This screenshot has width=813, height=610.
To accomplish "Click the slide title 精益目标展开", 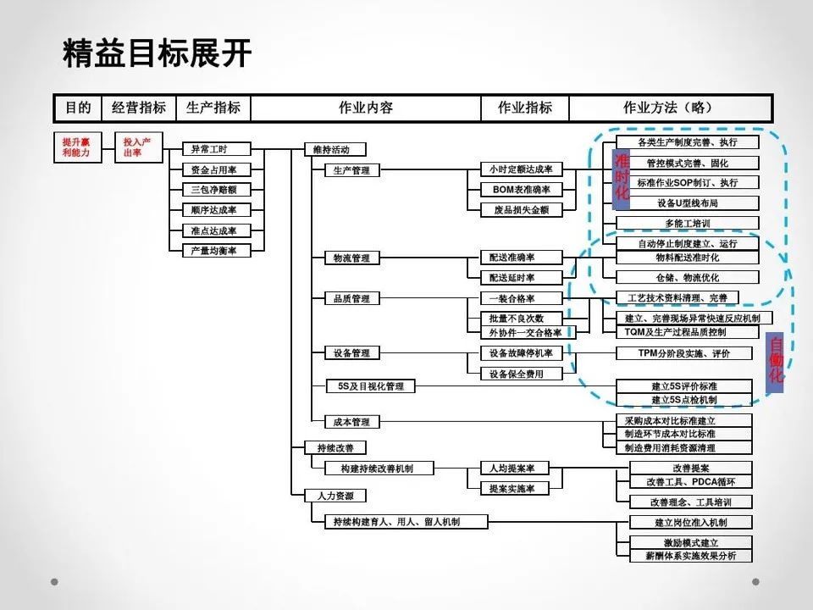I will tap(157, 53).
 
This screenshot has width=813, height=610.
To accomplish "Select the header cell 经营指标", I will tap(139, 108).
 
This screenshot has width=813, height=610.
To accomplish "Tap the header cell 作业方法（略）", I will tap(669, 108).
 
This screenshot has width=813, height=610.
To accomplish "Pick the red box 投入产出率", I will tap(139, 148).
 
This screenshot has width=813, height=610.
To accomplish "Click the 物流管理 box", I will tap(351, 258).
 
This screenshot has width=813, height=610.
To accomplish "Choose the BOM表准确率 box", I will tap(521, 190).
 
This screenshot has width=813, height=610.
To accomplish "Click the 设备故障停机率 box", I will tap(521, 352).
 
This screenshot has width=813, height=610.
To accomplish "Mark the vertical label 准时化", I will tap(622, 177).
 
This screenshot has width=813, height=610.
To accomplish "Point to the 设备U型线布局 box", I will tap(687, 203).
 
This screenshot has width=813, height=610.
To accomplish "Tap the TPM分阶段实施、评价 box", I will tap(683, 352).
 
